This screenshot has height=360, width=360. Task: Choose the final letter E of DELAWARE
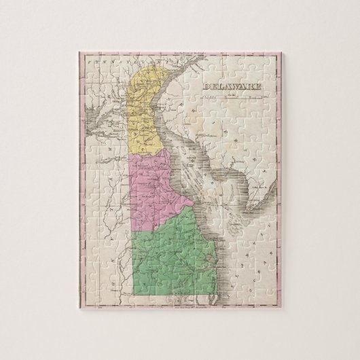251,86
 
